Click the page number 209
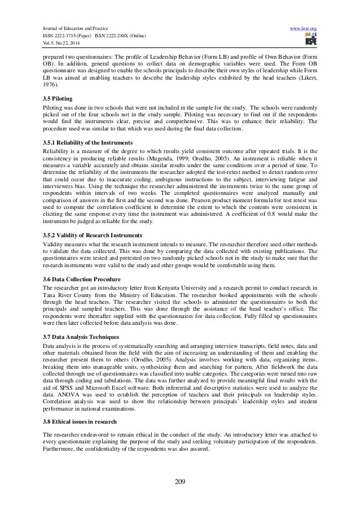click(180, 481)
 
